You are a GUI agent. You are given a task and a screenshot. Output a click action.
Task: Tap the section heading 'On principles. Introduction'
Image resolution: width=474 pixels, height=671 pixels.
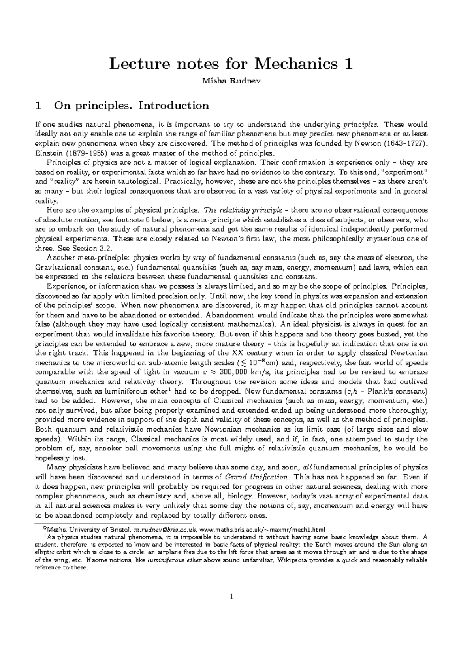[x=132, y=106]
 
